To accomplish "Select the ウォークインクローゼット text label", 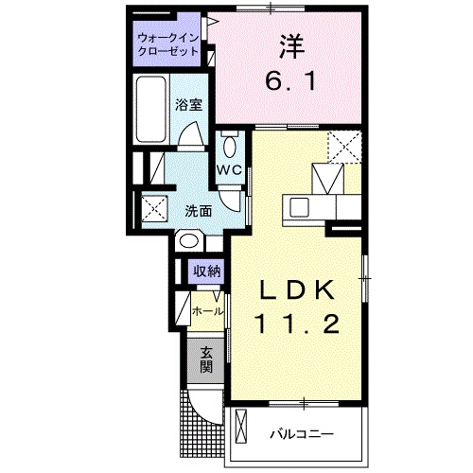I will [167, 44].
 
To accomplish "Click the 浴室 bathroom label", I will [189, 105].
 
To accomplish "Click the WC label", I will [229, 169].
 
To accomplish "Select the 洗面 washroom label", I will [198, 211].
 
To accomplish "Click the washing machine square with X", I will [152, 209].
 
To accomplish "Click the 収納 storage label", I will [206, 272].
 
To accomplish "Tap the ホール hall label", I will [207, 310].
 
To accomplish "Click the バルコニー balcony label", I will [301, 434].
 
